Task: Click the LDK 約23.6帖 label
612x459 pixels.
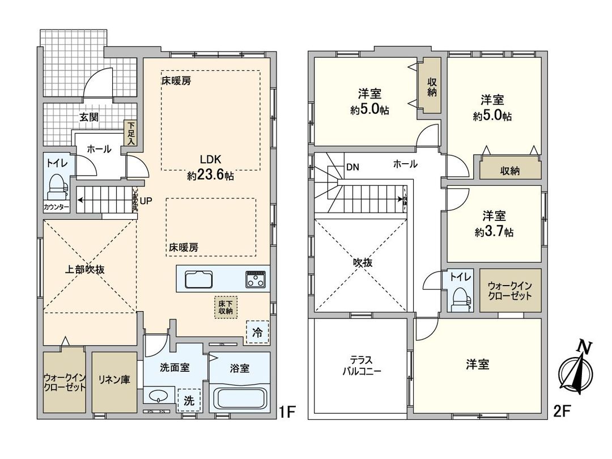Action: pos(211,168)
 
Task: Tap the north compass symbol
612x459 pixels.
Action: pos(576,372)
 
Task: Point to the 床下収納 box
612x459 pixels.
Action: pos(227,307)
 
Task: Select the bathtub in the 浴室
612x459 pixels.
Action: pos(240,400)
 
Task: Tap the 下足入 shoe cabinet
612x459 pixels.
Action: pos(131,134)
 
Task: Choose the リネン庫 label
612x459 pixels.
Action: pos(114,380)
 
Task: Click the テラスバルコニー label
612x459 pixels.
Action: pos(362,366)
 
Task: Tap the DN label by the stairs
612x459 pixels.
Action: pos(352,167)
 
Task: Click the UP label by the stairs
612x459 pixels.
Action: pos(146,201)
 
